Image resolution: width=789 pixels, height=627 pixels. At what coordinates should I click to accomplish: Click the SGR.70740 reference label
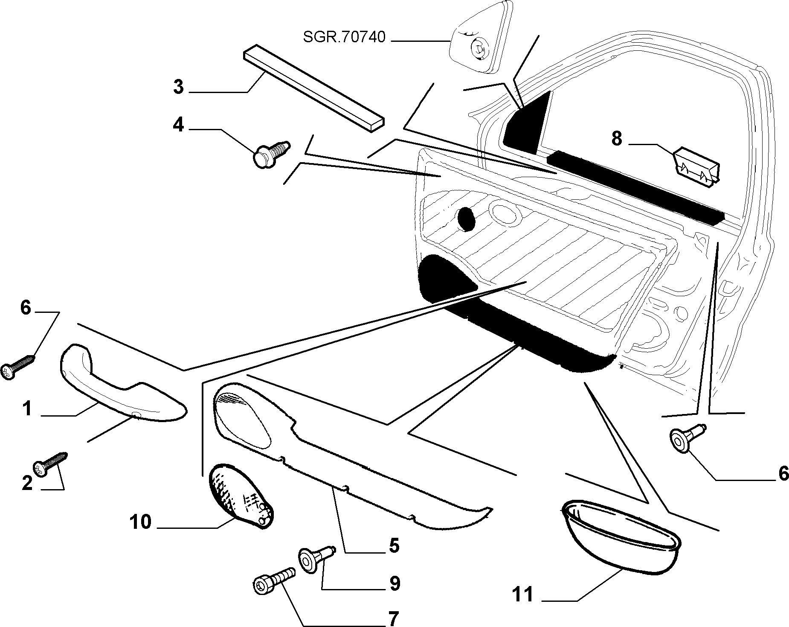344,37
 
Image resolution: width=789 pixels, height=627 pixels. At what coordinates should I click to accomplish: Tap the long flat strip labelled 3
314,89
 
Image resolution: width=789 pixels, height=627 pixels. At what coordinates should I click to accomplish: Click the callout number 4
178,125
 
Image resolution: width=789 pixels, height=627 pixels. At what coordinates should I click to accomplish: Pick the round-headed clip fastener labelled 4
271,154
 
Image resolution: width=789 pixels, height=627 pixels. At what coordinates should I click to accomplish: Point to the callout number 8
617,139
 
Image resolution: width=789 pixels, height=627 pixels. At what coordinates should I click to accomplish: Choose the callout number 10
141,522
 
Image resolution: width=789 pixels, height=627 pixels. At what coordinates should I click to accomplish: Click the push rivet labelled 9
316,557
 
